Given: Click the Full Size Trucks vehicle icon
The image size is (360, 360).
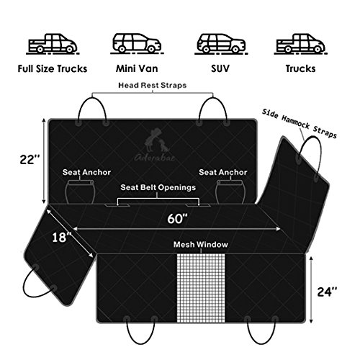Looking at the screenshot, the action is [53, 44].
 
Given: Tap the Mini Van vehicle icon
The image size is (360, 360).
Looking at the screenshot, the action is [137, 43].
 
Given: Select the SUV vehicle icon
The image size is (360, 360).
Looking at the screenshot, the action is [221, 43].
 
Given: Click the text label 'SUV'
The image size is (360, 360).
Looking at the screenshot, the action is [220, 68].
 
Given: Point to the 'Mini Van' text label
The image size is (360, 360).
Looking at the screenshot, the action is [137, 68].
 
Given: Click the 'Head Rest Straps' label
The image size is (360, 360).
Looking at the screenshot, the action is [153, 85].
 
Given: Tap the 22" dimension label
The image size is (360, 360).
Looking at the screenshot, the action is [30, 159].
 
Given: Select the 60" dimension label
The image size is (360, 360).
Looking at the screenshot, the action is [178, 218].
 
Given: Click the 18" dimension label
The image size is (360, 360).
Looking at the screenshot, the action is [62, 237].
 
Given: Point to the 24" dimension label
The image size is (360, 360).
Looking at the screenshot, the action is [327, 292].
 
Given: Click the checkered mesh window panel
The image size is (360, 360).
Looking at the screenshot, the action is [201, 288].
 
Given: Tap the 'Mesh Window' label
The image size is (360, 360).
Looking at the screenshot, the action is [201, 245].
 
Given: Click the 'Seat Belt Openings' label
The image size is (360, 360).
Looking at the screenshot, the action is [158, 187].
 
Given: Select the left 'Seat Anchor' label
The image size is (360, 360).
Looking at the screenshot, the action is [86, 172].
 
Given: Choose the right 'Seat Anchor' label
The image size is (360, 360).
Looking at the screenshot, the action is [223, 172].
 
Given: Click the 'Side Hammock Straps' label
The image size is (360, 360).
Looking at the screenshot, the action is [300, 123].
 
